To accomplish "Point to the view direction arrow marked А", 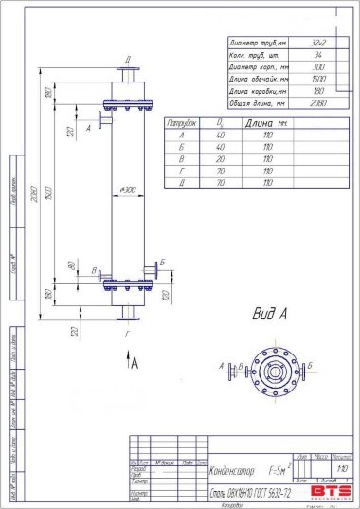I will point(131,360).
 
